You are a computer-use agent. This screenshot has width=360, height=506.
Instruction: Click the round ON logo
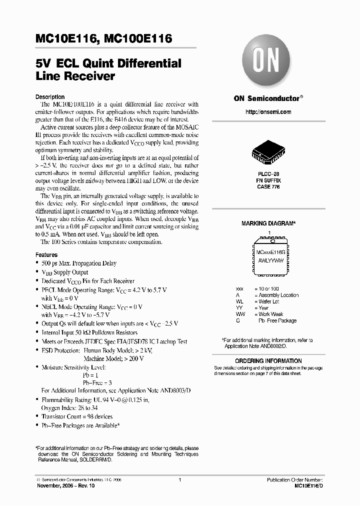click(x=267, y=60)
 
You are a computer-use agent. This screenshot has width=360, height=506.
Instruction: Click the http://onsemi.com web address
click(x=268, y=112)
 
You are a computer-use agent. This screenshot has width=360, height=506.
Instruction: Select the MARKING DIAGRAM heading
click(x=268, y=223)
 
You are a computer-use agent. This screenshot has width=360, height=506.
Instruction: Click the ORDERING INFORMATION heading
click(x=268, y=361)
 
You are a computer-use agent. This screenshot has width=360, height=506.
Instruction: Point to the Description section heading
click(x=50, y=97)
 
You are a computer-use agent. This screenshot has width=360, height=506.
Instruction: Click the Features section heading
click(x=46, y=254)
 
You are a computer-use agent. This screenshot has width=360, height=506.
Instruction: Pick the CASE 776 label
click(x=268, y=187)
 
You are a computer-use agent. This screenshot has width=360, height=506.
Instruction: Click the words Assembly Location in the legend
click(x=278, y=295)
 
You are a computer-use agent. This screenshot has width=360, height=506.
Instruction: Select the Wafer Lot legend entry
click(x=269, y=302)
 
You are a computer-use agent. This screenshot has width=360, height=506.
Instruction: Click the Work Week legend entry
click(x=270, y=314)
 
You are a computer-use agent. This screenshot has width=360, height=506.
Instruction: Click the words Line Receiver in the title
click(x=75, y=76)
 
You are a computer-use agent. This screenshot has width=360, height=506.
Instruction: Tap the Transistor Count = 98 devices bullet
click(x=77, y=416)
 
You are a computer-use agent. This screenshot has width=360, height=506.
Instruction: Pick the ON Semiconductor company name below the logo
click(x=266, y=98)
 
